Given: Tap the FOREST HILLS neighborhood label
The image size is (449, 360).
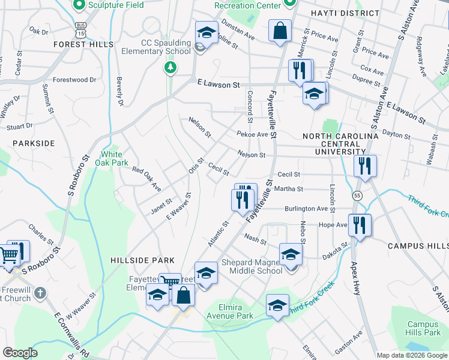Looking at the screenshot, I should point(83,44).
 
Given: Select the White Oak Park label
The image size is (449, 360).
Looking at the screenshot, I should point(115,158).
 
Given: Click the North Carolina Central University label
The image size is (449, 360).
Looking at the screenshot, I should point(340,144).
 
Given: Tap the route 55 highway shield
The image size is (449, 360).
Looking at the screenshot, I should point(357,196).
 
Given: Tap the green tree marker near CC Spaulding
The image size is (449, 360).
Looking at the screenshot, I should point(171,67).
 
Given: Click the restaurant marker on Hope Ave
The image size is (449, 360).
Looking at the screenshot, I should point(360,225).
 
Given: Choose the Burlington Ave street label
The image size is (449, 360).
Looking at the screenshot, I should point(306,209).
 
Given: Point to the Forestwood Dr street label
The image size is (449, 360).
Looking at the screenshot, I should point(74,79).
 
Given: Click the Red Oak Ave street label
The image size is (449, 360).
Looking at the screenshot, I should point(147,179).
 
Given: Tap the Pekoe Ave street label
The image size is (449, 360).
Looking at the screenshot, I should point(252,134).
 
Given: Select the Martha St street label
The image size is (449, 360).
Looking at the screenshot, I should point(289,189).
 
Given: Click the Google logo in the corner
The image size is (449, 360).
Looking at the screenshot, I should point(20,353).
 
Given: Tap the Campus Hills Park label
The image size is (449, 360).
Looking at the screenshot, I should point(424,328).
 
